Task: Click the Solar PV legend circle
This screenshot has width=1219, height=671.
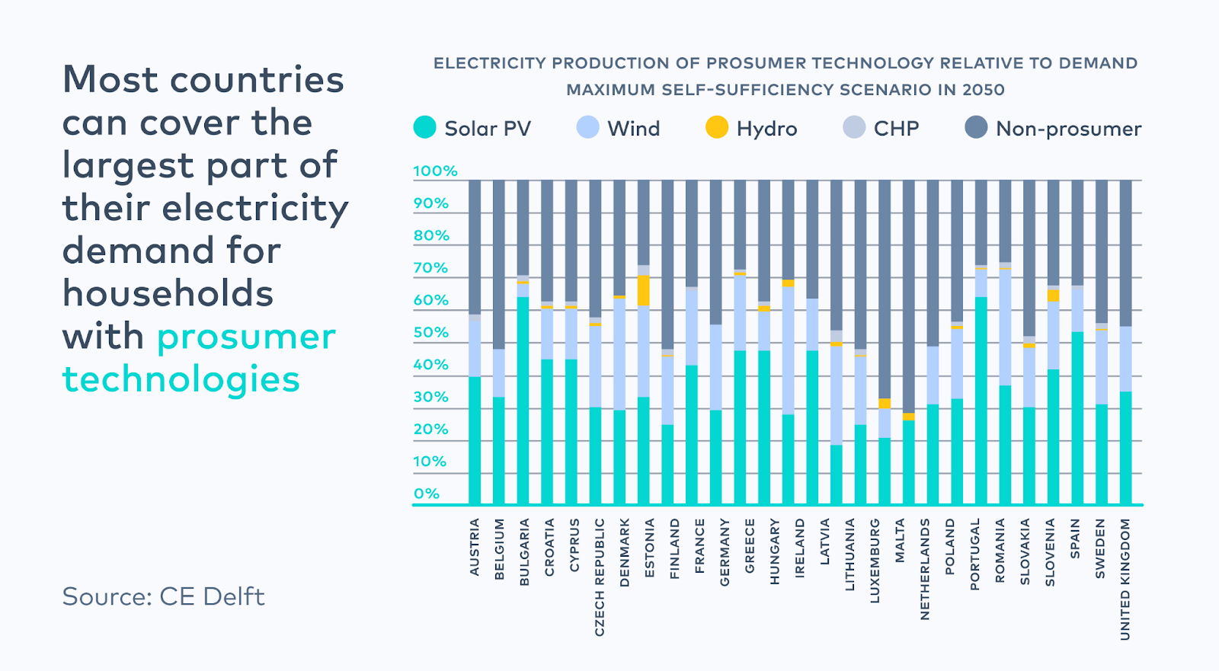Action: coord(424,127)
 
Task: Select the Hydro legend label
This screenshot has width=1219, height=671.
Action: coord(766,129)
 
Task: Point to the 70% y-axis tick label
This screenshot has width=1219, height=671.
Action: coord(430,268)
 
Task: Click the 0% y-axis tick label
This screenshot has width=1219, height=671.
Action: coord(427,494)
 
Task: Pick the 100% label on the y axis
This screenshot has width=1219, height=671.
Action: coord(435,171)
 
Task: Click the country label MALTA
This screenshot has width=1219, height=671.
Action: coord(900,541)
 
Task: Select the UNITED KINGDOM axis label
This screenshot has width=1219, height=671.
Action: coord(1125,579)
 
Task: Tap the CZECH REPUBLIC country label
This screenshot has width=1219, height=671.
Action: coord(600,577)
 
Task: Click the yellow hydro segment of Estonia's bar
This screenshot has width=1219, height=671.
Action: coord(644,290)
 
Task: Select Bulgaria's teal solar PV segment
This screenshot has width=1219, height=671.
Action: coord(523,400)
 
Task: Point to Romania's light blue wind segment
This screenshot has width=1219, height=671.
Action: coord(1005,328)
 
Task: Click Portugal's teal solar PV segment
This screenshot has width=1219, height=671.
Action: coord(981,400)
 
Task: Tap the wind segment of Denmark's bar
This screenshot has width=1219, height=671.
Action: coord(619,354)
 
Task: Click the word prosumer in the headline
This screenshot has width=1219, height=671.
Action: coord(246,337)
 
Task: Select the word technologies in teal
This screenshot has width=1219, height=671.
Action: coord(181,379)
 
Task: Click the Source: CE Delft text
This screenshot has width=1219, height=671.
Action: coord(163,596)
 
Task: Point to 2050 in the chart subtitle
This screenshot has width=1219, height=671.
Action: coord(983,90)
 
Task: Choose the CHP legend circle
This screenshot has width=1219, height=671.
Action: coord(854,127)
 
